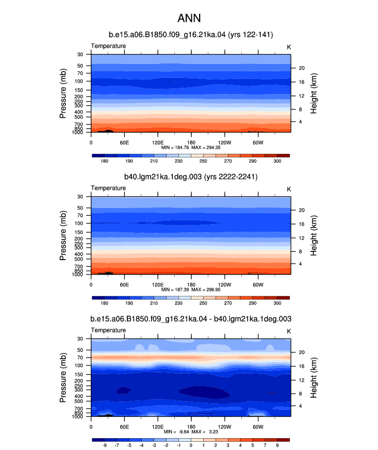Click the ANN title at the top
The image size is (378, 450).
point(189,19)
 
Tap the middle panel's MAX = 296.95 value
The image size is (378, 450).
point(206,290)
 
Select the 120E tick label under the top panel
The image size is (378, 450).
point(158,142)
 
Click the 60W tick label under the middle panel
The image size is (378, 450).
point(258,285)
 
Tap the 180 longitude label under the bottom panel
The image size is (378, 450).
point(191,427)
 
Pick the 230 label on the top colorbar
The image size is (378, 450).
point(178,161)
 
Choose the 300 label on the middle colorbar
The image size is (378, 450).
point(277,303)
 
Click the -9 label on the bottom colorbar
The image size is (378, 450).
point(104,445)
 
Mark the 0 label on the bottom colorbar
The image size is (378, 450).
point(191,445)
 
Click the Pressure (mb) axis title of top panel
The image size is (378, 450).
point(63,93)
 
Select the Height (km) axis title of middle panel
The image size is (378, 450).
point(314,235)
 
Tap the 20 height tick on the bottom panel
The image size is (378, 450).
point(302,352)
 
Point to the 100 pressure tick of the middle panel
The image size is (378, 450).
point(78,223)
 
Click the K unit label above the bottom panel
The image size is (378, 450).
point(289,331)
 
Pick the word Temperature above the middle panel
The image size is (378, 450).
point(108,188)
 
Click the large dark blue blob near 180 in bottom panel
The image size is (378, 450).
point(204,392)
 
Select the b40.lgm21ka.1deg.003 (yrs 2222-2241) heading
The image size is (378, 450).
point(191,177)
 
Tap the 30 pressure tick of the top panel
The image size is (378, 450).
point(80,55)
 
